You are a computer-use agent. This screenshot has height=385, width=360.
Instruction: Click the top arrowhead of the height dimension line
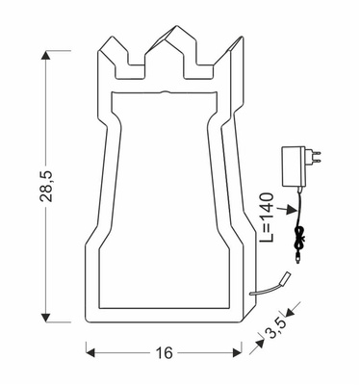[45, 57]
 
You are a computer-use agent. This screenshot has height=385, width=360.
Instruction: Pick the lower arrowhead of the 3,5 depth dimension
[259, 344]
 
